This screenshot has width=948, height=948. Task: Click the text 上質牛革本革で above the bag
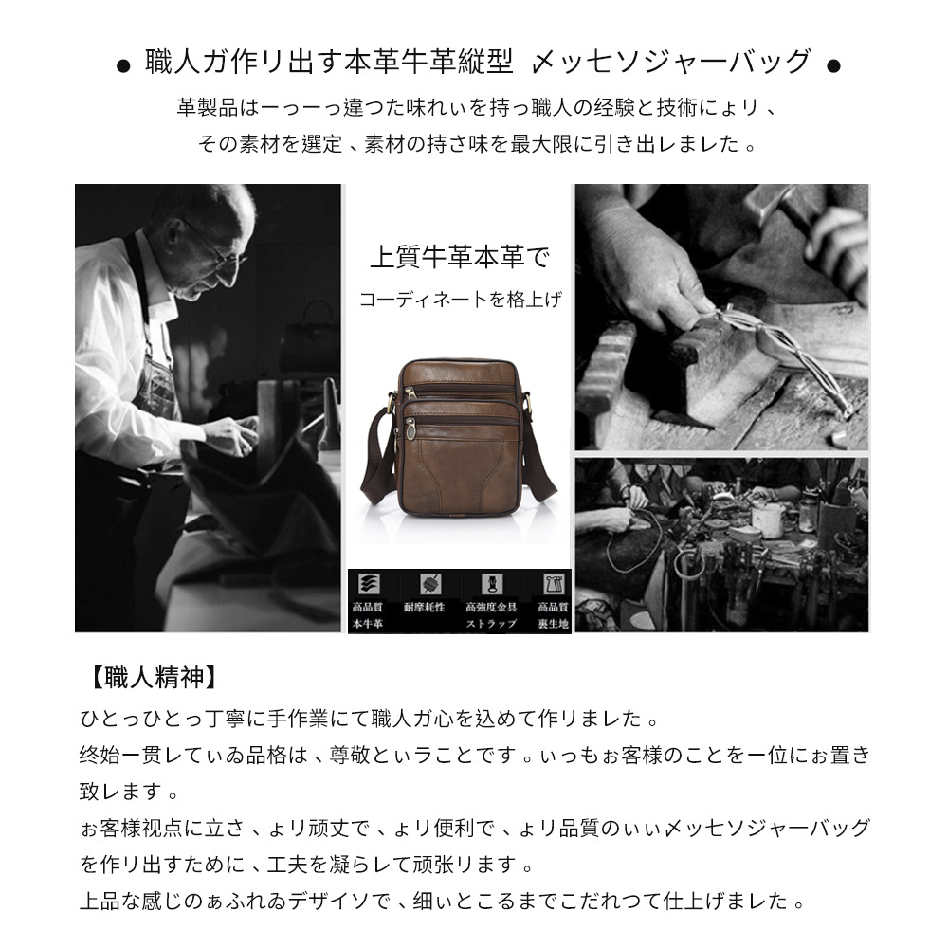[x=459, y=257]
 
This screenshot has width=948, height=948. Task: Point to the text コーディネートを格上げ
[x=460, y=301]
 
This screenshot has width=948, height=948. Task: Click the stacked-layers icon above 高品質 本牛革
[x=366, y=583]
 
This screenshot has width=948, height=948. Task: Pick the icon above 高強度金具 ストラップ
[x=491, y=583]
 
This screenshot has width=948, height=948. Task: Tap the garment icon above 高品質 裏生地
[x=552, y=583]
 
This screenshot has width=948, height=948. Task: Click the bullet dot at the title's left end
[x=122, y=66]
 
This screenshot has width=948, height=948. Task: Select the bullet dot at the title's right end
[x=833, y=66]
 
